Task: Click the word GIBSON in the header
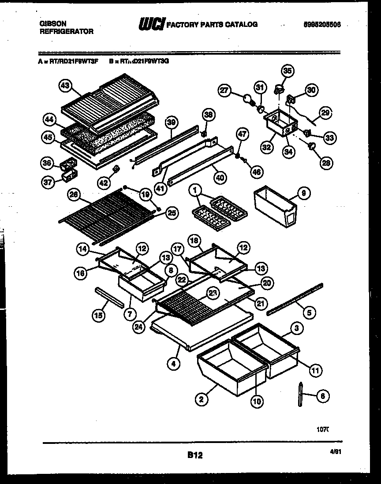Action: pos(51,24)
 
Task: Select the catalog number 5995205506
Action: pos(322,25)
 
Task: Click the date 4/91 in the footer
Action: pos(336,452)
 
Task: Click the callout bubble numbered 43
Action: pos(66,87)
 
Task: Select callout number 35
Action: pos(288,71)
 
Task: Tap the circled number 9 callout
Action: pos(305,193)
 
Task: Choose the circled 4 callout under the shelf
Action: pos(174,364)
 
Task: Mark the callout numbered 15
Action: pos(99,315)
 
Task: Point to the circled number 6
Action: pos(322,396)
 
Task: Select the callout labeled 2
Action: pos(202,399)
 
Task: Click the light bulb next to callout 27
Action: pos(248,100)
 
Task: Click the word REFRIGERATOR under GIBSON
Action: pos(66,32)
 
